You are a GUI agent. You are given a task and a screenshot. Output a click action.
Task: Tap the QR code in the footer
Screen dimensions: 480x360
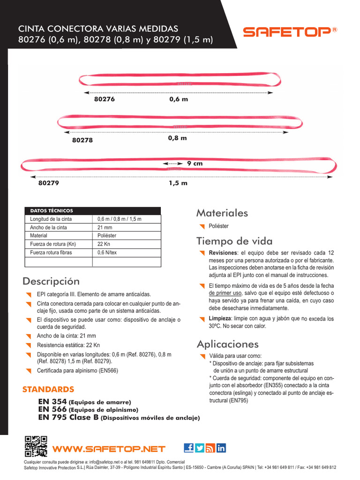[36, 446]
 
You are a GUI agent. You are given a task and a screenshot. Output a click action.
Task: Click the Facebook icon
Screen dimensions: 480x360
[189, 448]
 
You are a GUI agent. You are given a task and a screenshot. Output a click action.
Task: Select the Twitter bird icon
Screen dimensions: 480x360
[200, 448]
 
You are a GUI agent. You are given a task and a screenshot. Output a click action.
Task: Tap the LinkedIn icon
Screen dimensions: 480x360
[221, 448]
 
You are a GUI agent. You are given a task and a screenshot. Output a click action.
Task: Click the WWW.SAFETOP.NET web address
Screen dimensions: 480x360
[109, 449]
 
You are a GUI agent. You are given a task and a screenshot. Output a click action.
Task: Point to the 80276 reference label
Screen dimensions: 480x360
[104, 99]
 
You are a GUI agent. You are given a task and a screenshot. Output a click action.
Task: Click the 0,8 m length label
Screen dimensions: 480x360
[177, 138]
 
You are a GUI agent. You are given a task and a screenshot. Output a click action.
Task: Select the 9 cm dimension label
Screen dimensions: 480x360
[195, 164]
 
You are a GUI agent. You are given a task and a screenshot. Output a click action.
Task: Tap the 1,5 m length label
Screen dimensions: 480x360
[178, 183]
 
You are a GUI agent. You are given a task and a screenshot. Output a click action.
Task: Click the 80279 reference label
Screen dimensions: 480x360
[48, 183]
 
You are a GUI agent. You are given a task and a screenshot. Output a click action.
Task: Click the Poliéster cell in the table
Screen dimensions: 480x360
[107, 236]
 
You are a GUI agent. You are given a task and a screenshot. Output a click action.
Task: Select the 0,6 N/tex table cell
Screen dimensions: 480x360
[107, 253]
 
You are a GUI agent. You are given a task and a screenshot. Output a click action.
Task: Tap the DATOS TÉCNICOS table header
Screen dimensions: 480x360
[52, 211]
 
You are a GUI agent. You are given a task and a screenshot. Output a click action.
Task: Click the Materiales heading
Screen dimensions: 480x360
[222, 213]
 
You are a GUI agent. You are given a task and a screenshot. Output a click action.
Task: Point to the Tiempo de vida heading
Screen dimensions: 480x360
[234, 241]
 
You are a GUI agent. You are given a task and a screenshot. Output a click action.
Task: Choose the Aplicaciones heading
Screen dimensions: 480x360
[227, 344]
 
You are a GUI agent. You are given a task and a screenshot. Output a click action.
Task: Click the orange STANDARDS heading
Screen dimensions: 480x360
[48, 389]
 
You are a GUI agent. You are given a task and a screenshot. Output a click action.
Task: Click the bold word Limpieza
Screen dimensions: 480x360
[220, 319]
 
